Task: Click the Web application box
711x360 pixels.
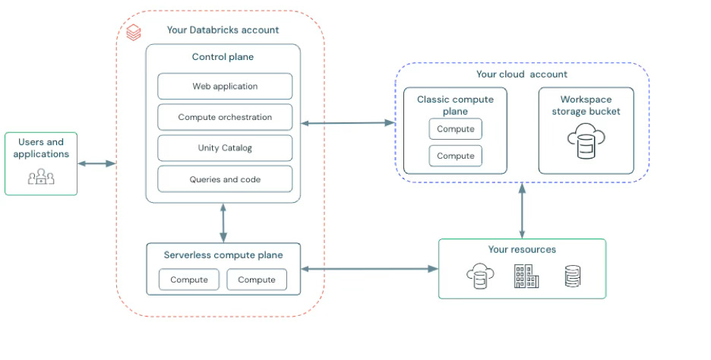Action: coord(225,87)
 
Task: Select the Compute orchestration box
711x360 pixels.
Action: coord(225,118)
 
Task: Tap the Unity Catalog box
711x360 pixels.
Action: coord(225,148)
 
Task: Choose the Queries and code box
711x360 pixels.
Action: coord(225,179)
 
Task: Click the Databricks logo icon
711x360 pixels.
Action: coord(134,33)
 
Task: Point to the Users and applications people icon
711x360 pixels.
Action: coord(41,177)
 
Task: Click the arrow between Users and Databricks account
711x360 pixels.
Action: coord(96,163)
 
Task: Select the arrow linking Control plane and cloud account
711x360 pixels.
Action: coord(348,122)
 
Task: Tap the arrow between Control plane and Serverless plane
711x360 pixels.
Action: coord(223,223)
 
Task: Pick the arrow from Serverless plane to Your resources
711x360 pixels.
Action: coord(370,268)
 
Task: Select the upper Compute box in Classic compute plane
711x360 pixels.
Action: coord(456,129)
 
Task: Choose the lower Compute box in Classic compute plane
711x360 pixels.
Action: coord(456,156)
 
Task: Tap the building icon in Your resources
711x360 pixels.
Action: coord(526,276)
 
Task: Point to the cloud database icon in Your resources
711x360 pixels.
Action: coord(479,277)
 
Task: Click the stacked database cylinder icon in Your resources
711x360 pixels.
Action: coord(573,276)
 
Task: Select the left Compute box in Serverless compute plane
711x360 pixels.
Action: coord(189,279)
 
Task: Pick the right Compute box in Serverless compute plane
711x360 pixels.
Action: coord(257,279)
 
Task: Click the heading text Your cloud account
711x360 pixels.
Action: coord(521,74)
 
